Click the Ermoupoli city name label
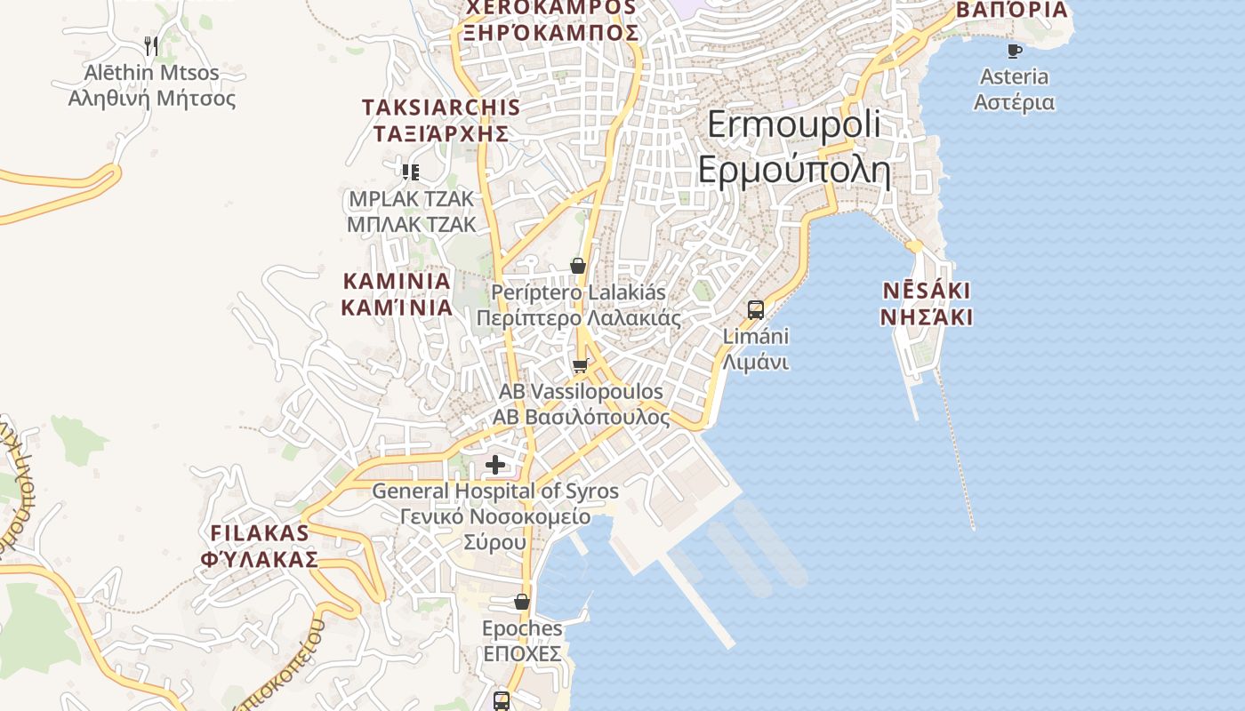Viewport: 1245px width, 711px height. pos(794,124)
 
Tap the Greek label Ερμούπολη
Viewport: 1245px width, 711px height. pos(794,169)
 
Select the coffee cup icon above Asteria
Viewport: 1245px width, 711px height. pos(1014,51)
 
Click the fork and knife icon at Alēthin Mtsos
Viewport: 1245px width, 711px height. pos(151,46)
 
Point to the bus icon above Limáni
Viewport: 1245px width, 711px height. pos(756,310)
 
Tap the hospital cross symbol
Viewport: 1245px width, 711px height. pos(495,464)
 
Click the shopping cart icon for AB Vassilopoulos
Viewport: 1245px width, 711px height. pos(581,366)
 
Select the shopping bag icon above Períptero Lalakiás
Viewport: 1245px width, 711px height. pos(578,266)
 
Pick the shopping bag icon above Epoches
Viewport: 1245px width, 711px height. pos(522,602)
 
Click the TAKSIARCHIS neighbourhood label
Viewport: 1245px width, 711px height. pos(440,108)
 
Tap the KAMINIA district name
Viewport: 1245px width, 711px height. pos(397,282)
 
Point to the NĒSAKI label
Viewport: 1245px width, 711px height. pos(927,291)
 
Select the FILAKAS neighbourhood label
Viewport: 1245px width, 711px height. pos(260,533)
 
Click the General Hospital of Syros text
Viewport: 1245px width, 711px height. pos(494,491)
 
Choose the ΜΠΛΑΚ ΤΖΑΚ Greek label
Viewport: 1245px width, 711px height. pos(411,225)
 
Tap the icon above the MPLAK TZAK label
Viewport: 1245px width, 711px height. pos(410,172)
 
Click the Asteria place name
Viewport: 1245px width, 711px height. pos(1014,77)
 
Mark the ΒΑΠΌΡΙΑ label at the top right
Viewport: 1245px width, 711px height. pos(1011,10)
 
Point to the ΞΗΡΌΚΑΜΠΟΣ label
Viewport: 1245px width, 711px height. pos(550,33)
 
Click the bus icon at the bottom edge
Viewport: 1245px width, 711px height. pos(502,700)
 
